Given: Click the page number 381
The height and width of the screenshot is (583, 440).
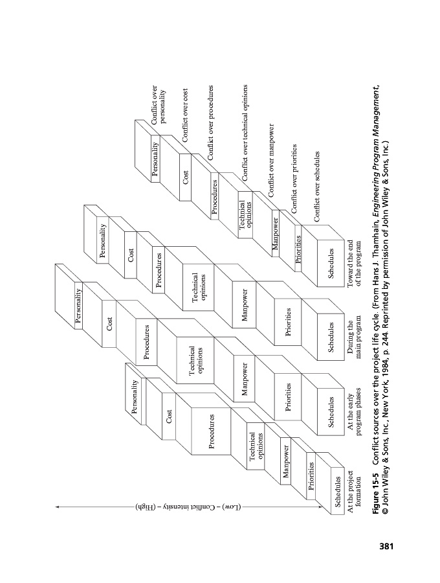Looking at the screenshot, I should [x=386, y=547].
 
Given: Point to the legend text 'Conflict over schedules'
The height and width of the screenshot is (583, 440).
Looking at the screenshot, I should [x=317, y=187].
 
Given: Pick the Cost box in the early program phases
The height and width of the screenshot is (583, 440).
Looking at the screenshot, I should [x=170, y=417].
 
